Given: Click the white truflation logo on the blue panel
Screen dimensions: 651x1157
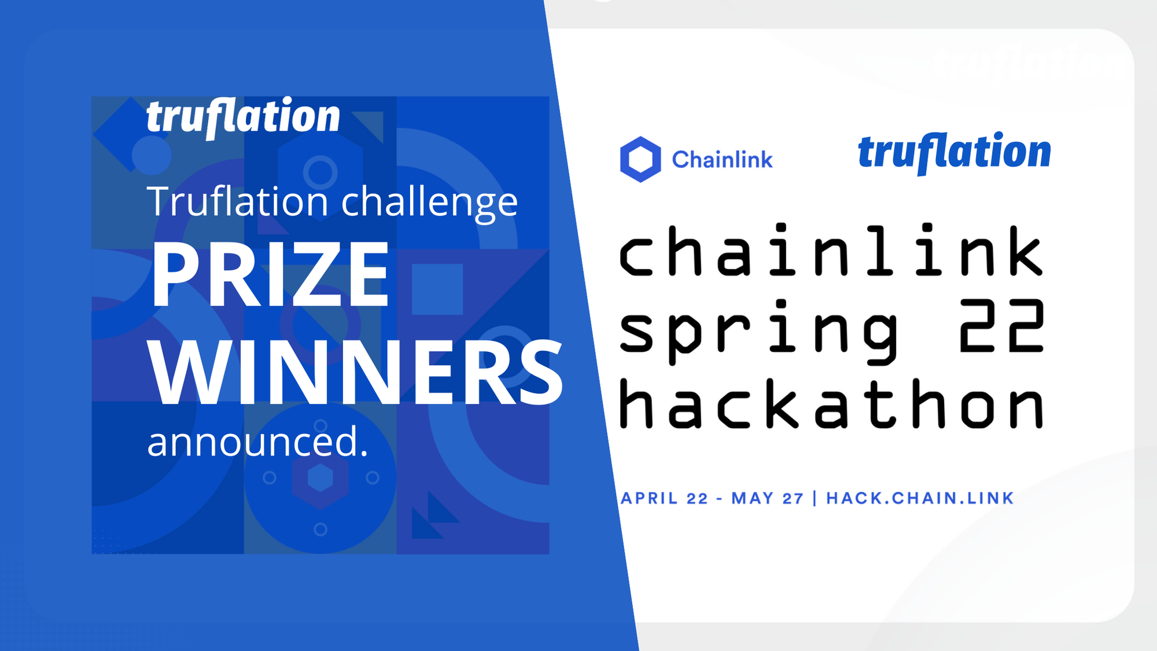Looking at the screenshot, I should (243, 117).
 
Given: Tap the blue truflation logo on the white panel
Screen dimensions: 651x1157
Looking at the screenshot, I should (954, 153).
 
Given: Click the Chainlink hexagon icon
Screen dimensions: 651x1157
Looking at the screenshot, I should (640, 159).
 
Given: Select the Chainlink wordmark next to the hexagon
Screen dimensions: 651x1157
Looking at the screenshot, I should (722, 160).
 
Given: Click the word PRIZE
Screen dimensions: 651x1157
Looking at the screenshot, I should (270, 274).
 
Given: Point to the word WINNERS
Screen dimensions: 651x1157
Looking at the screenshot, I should (355, 373).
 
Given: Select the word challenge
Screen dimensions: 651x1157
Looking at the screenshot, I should (429, 203).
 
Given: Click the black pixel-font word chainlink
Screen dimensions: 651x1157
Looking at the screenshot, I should (831, 250).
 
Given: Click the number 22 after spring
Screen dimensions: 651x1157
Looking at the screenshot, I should (1002, 326).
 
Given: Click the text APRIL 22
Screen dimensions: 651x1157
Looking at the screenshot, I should (664, 498).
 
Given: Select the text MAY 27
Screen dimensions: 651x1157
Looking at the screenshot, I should (767, 498).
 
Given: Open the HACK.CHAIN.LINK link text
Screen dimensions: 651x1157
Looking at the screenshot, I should (920, 498).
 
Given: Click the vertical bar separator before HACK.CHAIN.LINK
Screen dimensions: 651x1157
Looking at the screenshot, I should (815, 498).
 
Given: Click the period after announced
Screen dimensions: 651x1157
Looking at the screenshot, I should (364, 454).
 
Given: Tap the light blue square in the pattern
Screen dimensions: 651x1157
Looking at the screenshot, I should (437, 289).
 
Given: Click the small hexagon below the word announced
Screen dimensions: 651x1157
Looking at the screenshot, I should (320, 479).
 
